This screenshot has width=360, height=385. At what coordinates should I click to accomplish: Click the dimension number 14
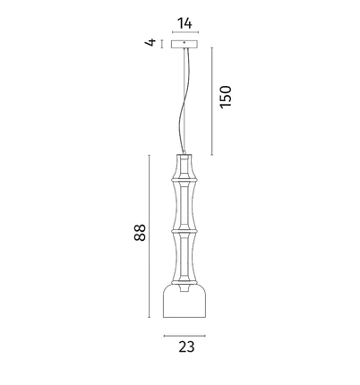click(184, 23)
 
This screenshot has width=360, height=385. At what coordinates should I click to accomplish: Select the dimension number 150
click(226, 97)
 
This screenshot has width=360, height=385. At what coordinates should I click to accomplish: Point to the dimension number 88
click(140, 233)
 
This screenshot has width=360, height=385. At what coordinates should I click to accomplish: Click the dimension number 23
click(186, 346)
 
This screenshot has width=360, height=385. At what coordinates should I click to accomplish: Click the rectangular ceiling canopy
click(184, 45)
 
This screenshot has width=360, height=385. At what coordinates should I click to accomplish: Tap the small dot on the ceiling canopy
click(184, 43)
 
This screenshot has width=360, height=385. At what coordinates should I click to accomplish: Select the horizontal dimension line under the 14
click(185, 32)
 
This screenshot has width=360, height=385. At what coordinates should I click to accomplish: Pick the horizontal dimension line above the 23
click(184, 336)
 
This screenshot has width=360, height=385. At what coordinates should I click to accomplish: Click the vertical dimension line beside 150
click(212, 101)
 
